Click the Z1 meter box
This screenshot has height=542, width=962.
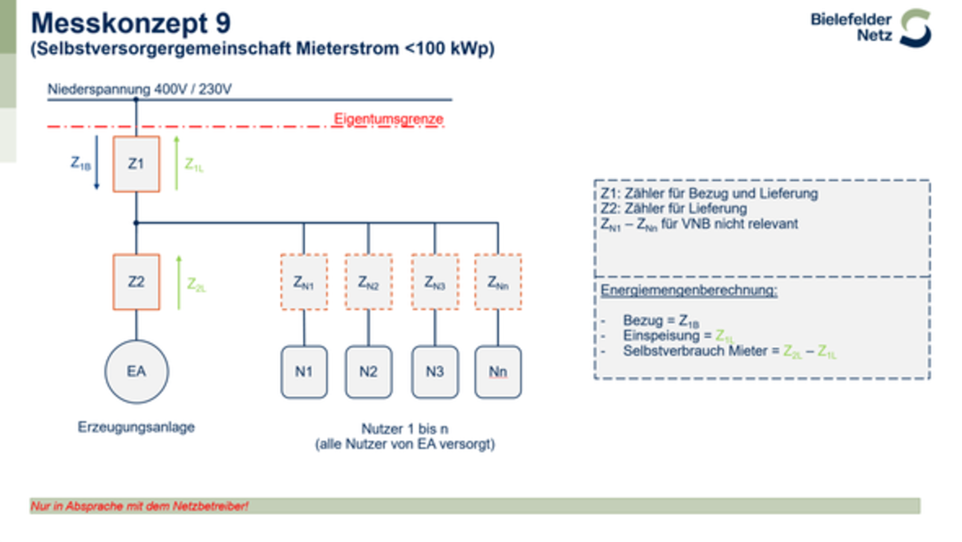click(x=136, y=164)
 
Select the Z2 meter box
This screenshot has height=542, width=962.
click(x=136, y=282)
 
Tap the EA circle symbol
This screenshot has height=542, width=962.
click(x=136, y=371)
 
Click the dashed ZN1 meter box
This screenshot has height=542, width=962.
click(x=304, y=282)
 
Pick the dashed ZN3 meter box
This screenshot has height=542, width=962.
click(x=435, y=282)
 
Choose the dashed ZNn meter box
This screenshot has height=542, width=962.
click(x=498, y=282)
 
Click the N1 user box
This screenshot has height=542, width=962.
click(x=304, y=372)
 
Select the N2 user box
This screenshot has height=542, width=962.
click(x=368, y=372)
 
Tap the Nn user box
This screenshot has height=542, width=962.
click(x=498, y=372)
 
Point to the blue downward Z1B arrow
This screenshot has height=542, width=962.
click(x=96, y=163)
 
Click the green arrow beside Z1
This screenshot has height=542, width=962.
click(x=177, y=163)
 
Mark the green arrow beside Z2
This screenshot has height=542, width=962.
click(x=179, y=283)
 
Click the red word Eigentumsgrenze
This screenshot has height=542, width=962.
click(x=389, y=119)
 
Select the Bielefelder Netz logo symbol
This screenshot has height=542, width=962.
click(x=916, y=28)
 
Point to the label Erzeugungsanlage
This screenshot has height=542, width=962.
click(x=136, y=427)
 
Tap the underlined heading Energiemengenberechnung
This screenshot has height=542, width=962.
click(x=688, y=290)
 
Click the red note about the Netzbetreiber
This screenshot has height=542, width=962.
click(x=139, y=506)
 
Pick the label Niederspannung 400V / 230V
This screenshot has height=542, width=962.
click(x=139, y=89)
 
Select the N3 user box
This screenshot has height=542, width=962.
click(x=435, y=372)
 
